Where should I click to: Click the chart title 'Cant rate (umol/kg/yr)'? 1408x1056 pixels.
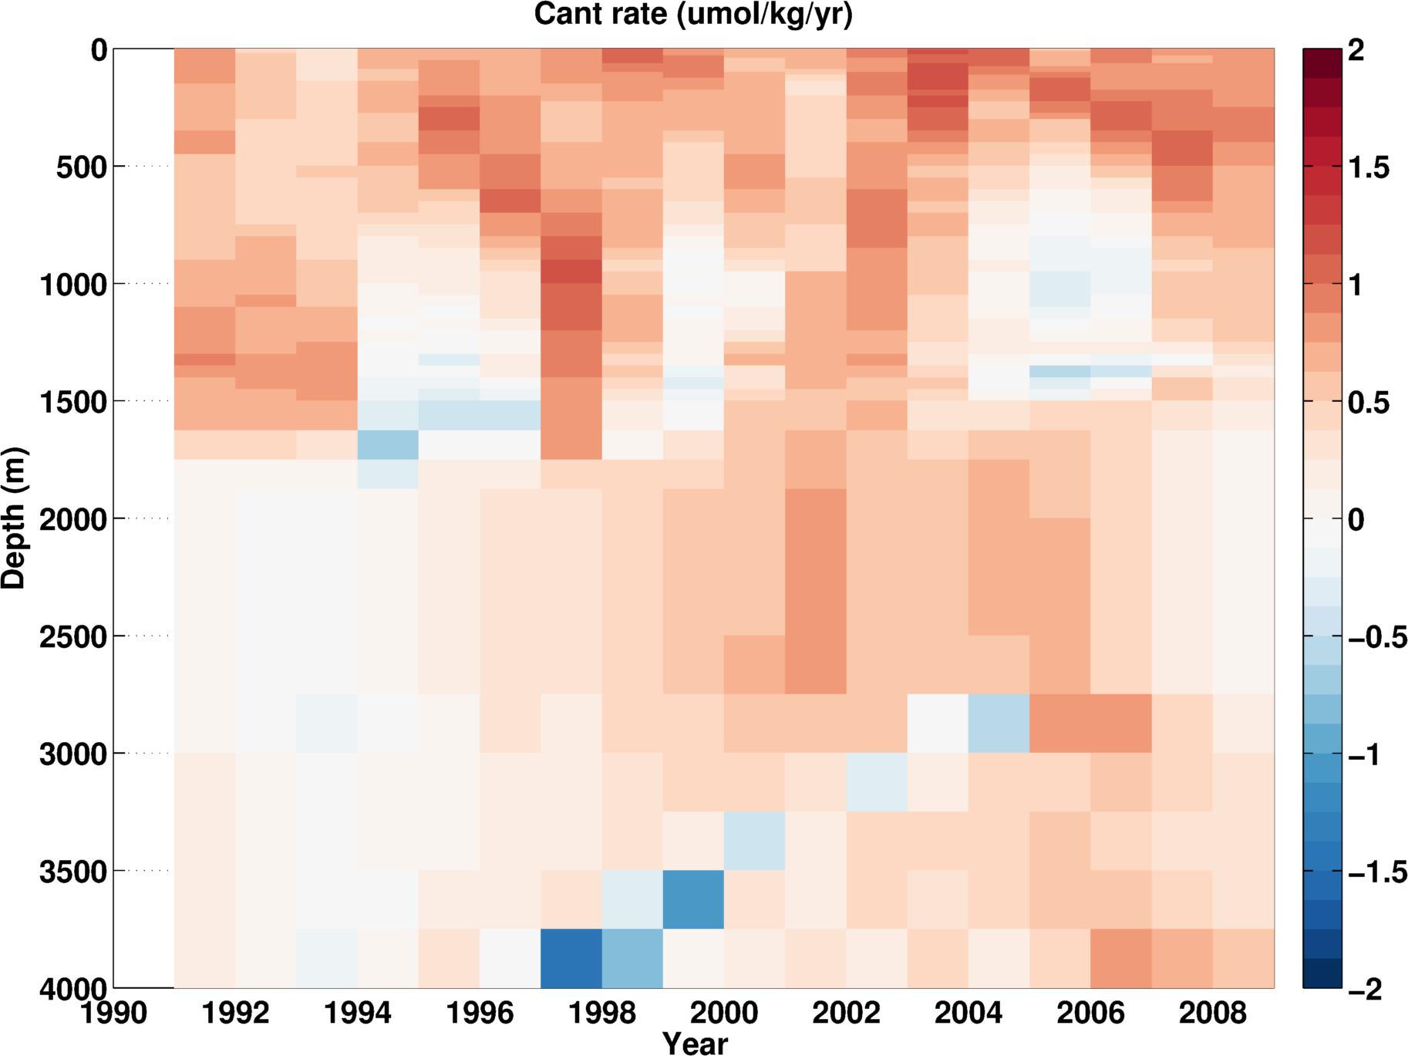click(x=693, y=14)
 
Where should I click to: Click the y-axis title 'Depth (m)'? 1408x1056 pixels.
click(x=14, y=518)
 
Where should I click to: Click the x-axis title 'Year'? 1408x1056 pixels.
click(x=695, y=1043)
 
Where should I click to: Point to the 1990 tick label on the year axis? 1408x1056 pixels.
click(x=114, y=1013)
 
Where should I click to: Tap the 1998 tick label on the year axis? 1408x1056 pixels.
click(x=602, y=1013)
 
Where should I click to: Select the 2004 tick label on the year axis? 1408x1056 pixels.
click(x=968, y=1013)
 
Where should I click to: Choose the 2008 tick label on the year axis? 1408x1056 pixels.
click(x=1213, y=1013)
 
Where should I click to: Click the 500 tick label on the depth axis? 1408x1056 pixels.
click(x=81, y=167)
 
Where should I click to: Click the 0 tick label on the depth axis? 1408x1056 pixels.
click(x=99, y=51)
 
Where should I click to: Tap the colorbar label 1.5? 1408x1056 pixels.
click(x=1369, y=167)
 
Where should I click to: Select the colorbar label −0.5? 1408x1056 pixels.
click(x=1377, y=637)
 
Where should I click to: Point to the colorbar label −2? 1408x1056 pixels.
click(x=1365, y=989)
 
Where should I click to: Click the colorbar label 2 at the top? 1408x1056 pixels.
click(x=1356, y=51)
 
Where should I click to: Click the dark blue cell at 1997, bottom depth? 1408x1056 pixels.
click(x=571, y=958)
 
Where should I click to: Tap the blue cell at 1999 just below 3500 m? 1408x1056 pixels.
click(x=693, y=899)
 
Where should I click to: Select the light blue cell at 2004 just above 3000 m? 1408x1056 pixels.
click(x=999, y=724)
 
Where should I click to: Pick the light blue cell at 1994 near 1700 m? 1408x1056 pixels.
click(x=388, y=445)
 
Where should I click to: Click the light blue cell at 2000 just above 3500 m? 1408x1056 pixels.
click(x=754, y=841)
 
